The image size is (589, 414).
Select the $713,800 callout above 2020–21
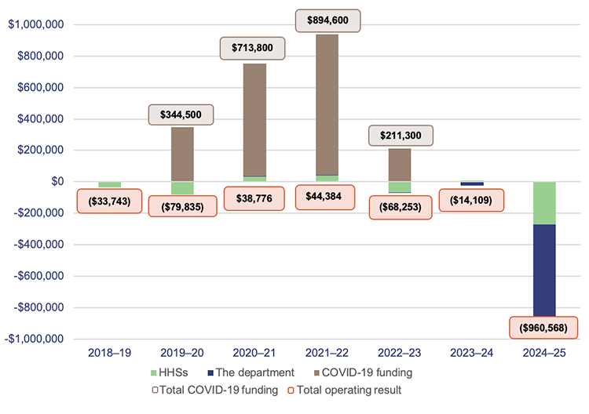click(x=253, y=48)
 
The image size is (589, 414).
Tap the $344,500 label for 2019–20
click(x=181, y=114)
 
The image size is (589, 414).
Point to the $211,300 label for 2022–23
click(x=400, y=135)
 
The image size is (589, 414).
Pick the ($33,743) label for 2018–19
click(x=110, y=201)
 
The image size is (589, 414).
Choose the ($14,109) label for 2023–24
click(x=470, y=200)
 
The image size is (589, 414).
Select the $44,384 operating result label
click(x=326, y=196)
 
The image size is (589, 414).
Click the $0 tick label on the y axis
click(x=58, y=182)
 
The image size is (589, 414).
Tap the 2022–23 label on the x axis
click(x=400, y=354)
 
